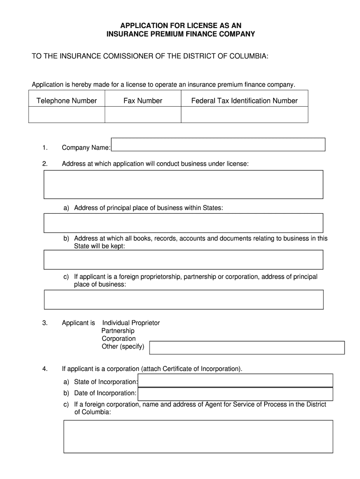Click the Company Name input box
pyautogui.click(x=218, y=145)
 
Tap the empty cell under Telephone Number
pyautogui.click(x=66, y=115)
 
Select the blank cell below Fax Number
pyautogui.click(x=143, y=115)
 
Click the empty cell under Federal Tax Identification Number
pyautogui.click(x=244, y=115)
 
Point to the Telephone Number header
pyautogui.click(x=66, y=101)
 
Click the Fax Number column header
pyautogui.click(x=143, y=101)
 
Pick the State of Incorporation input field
pyautogui.click(x=236, y=381)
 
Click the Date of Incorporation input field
pyautogui.click(x=236, y=394)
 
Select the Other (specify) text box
pyautogui.click(x=246, y=348)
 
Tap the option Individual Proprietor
pyautogui.click(x=131, y=323)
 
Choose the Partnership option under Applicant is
pyautogui.click(x=118, y=331)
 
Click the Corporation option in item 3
pyautogui.click(x=119, y=339)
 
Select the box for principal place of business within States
pyautogui.click(x=183, y=223)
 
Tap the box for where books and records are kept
pyautogui.click(x=183, y=260)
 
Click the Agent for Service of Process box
pyautogui.click(x=198, y=436)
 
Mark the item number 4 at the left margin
pyautogui.click(x=44, y=369)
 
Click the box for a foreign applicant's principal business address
pyautogui.click(x=183, y=299)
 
